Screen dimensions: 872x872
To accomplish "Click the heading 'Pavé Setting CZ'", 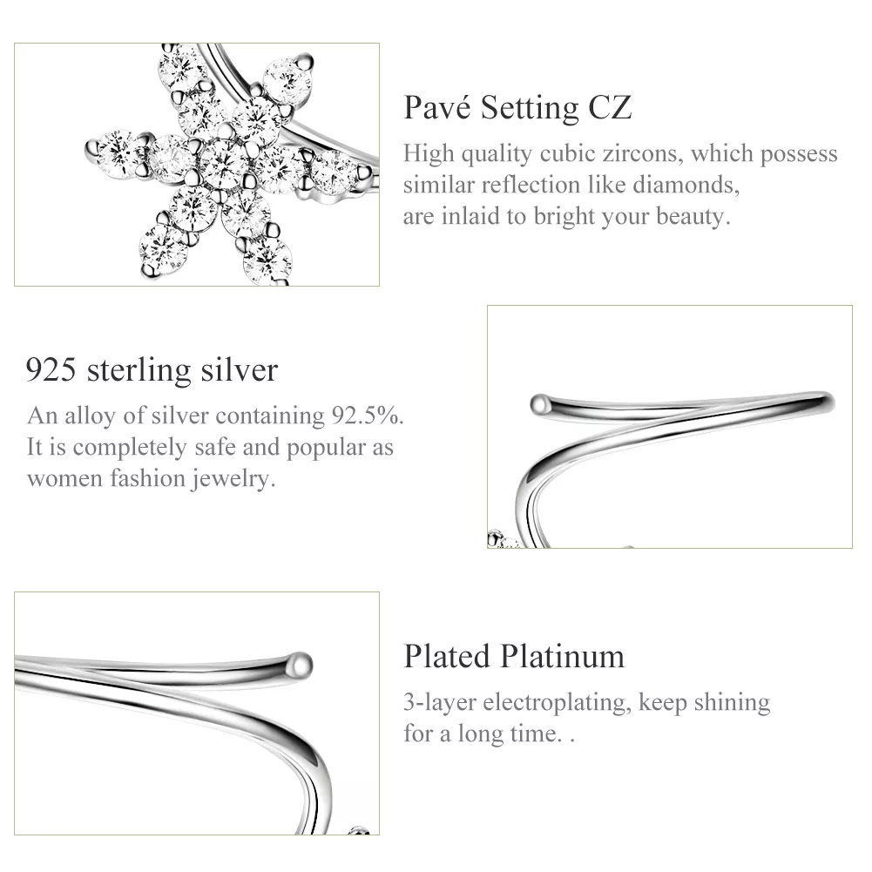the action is pyautogui.click(x=517, y=107).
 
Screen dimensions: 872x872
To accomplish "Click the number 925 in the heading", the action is pyautogui.click(x=51, y=370).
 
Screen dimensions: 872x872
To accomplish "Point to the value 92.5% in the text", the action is pyautogui.click(x=368, y=416).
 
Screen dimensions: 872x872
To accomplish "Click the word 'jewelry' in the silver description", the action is pyautogui.click(x=233, y=479).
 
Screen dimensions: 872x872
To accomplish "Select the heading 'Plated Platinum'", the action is pyautogui.click(x=514, y=656).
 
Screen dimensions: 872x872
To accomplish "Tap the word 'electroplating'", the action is pyautogui.click(x=558, y=702).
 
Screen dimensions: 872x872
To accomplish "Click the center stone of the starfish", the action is pyautogui.click(x=224, y=163).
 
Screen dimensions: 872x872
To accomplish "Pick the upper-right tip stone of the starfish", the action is pyautogui.click(x=287, y=82).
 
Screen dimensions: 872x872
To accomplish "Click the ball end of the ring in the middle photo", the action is pyautogui.click(x=540, y=404).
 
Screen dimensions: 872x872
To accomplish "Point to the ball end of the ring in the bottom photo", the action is pyautogui.click(x=301, y=665).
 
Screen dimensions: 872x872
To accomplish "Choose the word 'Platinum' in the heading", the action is pyautogui.click(x=562, y=656).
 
